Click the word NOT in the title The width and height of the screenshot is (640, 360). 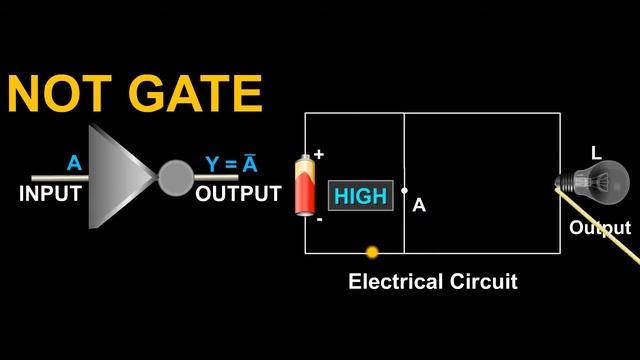click(x=63, y=93)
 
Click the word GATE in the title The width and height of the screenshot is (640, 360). click(x=195, y=93)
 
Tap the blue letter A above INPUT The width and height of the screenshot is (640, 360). click(x=73, y=163)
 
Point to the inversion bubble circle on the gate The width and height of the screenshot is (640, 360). click(x=175, y=178)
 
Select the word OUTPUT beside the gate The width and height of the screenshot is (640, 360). click(x=238, y=194)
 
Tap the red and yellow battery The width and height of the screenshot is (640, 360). click(x=303, y=186)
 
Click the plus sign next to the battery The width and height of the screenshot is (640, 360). click(x=320, y=154)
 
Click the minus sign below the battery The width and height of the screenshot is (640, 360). click(x=319, y=219)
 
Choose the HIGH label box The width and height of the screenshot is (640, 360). click(x=359, y=197)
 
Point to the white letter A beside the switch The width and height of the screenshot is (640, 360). click(x=419, y=205)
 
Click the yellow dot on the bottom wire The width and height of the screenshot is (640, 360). click(x=372, y=253)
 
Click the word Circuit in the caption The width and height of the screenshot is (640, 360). click(x=482, y=282)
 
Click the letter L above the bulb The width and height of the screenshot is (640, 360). click(x=596, y=153)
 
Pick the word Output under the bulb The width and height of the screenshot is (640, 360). click(x=600, y=228)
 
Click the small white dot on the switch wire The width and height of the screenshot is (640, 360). click(x=404, y=190)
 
